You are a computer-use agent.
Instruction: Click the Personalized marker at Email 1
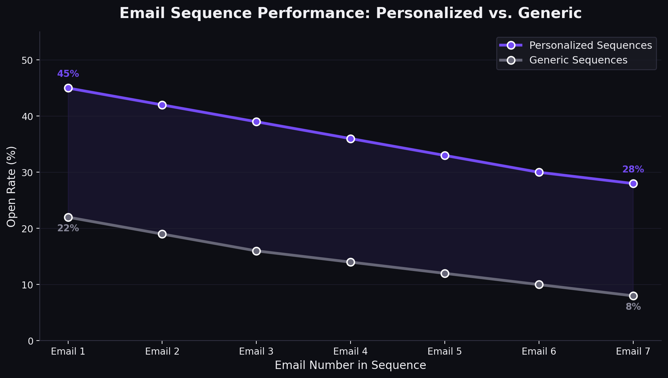(68, 88)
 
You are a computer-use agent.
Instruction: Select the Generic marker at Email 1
(68, 217)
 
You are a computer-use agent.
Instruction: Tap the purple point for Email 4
(351, 139)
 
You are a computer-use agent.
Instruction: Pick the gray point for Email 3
(256, 251)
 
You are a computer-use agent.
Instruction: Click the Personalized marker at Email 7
(633, 183)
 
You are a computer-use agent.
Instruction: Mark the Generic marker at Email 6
(539, 284)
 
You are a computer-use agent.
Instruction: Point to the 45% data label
(68, 74)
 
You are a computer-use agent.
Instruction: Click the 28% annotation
(633, 169)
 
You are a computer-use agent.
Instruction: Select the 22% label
(68, 228)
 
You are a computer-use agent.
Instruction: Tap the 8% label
(633, 307)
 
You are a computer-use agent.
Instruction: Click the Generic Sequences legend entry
(578, 60)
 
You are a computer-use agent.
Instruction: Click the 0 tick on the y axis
(31, 341)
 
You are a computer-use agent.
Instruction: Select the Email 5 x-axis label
(444, 351)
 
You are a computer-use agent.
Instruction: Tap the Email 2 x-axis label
(162, 351)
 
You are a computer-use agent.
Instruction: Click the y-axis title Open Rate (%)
(11, 186)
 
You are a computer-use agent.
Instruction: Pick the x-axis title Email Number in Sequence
(350, 365)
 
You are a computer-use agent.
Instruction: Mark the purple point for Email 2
(162, 105)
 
